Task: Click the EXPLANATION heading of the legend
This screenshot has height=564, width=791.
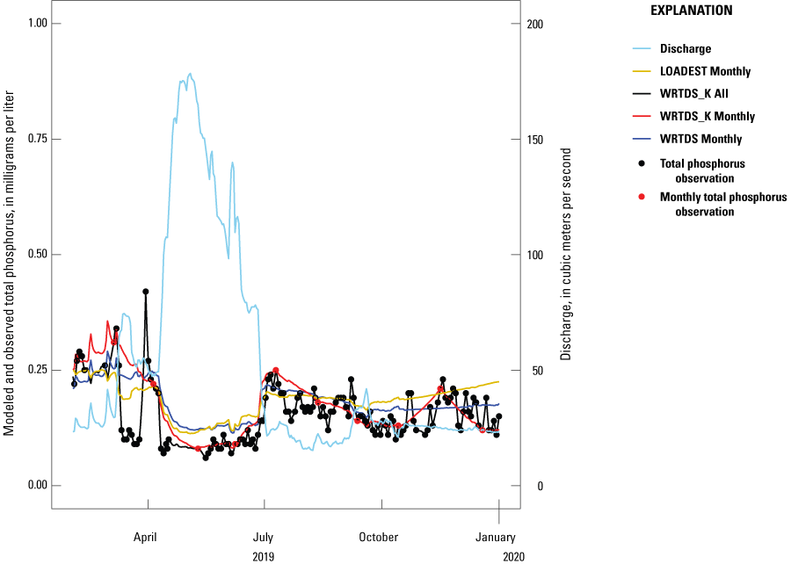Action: (x=691, y=11)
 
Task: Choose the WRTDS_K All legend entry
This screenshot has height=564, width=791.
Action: (x=699, y=94)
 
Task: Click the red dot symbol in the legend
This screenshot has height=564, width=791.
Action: (x=642, y=196)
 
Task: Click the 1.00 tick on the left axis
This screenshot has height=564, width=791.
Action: (x=33, y=24)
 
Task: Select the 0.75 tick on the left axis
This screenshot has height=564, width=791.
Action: (x=33, y=139)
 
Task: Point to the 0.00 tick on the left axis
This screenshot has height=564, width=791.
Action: (x=33, y=486)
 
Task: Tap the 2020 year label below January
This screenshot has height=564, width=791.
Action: (x=499, y=556)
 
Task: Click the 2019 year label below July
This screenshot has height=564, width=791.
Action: (x=264, y=556)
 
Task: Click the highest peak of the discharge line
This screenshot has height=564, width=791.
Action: (x=190, y=74)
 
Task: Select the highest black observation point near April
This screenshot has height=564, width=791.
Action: (x=146, y=292)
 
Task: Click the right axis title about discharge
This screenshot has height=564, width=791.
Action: (x=567, y=256)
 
